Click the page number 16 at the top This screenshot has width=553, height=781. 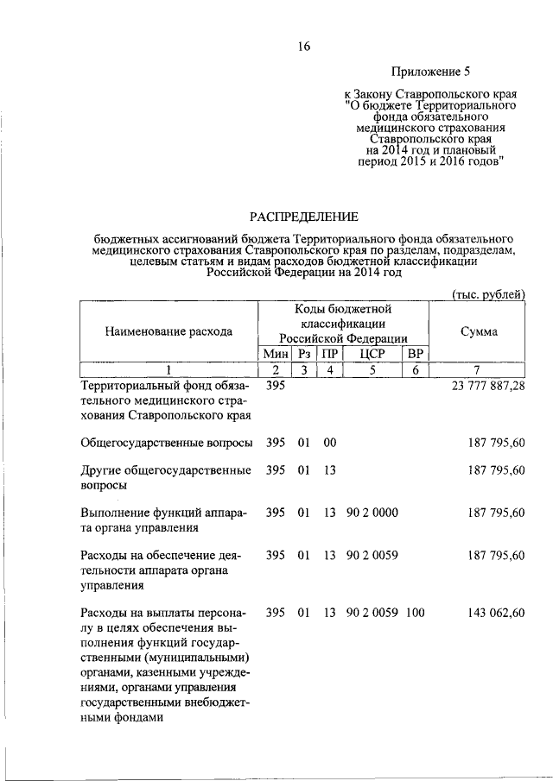(x=303, y=47)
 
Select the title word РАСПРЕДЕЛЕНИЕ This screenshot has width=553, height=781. (x=304, y=215)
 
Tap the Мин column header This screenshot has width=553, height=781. (x=275, y=355)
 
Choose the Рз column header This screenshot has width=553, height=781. (x=303, y=355)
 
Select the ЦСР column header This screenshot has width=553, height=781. (x=372, y=355)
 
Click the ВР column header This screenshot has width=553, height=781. (x=416, y=355)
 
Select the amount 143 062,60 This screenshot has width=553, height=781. (x=495, y=614)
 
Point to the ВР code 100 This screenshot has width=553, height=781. (x=416, y=614)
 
